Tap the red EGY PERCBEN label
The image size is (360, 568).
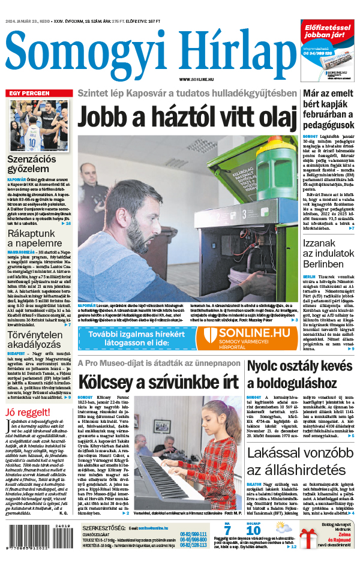click(x=29, y=94)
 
